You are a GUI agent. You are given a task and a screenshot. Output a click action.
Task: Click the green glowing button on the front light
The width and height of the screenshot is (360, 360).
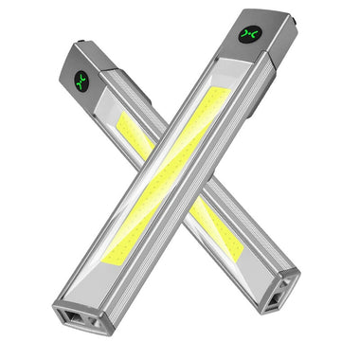click(x=252, y=34)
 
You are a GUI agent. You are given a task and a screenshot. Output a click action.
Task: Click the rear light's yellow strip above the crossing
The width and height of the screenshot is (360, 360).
click(x=133, y=134)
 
